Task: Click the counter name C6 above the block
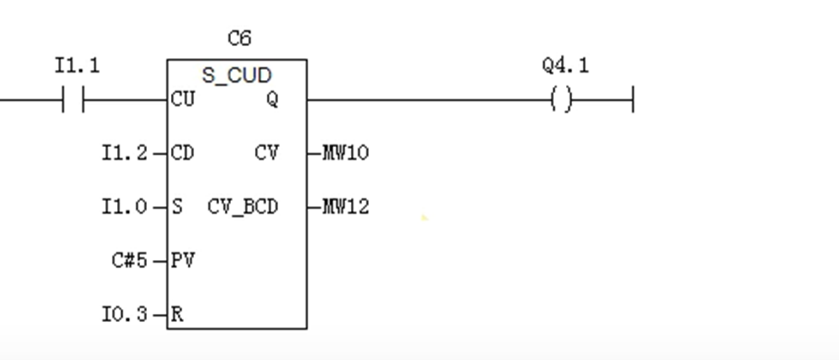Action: coord(239,39)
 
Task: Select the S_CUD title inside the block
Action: coord(237,75)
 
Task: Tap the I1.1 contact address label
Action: coord(77,66)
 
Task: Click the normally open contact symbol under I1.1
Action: coord(73,100)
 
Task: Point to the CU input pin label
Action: coord(183,99)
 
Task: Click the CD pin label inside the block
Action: coord(182,153)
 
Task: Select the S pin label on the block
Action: coord(176,207)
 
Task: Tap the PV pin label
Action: coord(182,261)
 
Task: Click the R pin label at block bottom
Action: coord(176,314)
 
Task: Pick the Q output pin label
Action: coord(272,99)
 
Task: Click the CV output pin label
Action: coord(266,153)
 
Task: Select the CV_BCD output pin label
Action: coord(242,207)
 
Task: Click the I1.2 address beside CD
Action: coord(125,153)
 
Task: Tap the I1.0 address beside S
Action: coord(125,207)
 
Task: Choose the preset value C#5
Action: coord(130,261)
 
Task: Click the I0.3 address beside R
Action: coord(125,314)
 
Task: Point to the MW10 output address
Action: coord(345,153)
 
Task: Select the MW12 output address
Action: coord(345,207)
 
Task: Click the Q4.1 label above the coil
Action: coord(565,66)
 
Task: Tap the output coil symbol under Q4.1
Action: coord(561,100)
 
